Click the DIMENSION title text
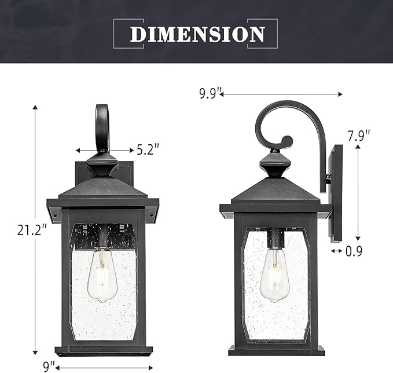(x=197, y=34)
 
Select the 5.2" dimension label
(x=148, y=150)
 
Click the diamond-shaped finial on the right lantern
(x=275, y=164)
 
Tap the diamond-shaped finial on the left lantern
(x=102, y=164)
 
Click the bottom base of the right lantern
(x=276, y=350)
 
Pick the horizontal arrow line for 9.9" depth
(x=281, y=93)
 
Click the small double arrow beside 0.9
(x=336, y=251)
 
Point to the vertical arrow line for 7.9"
(x=358, y=191)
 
